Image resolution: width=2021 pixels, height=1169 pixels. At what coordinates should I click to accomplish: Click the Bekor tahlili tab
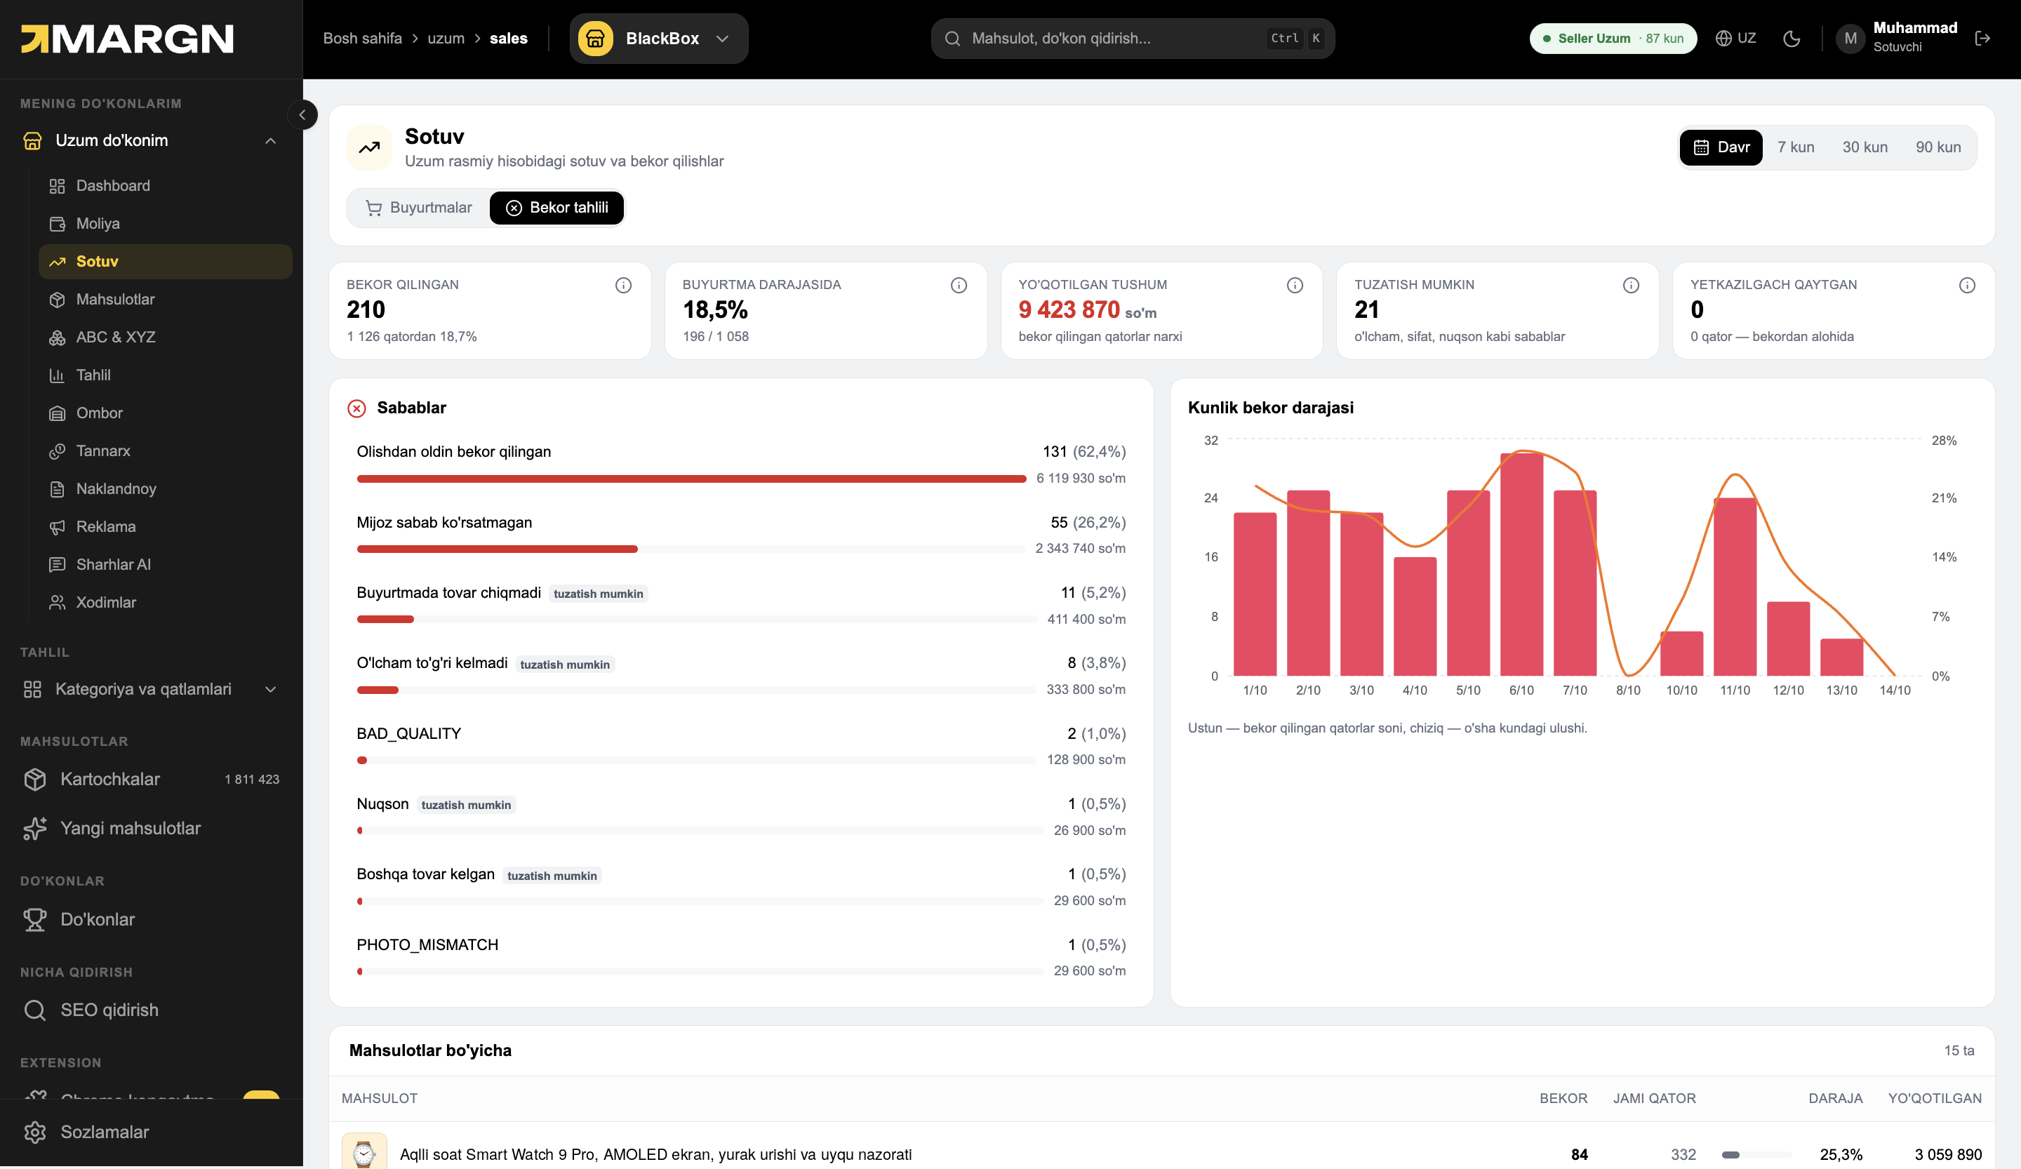coord(556,208)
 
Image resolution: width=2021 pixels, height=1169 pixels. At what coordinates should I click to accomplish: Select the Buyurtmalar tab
coord(419,208)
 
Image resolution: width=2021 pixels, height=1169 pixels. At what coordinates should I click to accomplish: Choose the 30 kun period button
coord(1865,147)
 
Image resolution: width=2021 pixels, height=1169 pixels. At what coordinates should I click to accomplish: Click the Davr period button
coord(1721,147)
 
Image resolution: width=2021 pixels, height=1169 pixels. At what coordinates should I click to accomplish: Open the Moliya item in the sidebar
coord(98,223)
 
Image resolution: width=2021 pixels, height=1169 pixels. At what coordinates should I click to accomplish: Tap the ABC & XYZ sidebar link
coord(116,337)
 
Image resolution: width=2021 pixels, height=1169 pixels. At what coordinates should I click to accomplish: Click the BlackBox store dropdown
coord(659,39)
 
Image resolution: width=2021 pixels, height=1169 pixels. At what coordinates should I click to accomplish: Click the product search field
coord(1133,39)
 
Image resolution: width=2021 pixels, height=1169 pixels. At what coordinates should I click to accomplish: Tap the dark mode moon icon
coord(1792,39)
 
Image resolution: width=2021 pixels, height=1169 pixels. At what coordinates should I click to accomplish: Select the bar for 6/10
coord(1521,564)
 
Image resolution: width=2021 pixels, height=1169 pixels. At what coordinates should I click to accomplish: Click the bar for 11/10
coord(1735,587)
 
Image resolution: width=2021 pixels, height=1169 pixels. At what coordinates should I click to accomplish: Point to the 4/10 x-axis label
coord(1415,690)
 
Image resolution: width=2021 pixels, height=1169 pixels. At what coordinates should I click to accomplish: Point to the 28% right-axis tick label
coord(1944,440)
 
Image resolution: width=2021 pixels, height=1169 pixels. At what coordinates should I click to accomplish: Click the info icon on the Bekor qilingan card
coord(623,286)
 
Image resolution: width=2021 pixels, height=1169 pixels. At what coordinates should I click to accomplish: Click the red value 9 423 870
coord(1068,309)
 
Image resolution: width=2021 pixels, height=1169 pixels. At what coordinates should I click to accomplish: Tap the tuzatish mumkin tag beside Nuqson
coord(466,805)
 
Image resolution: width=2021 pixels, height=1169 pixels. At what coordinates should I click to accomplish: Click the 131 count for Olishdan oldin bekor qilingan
coord(1055,451)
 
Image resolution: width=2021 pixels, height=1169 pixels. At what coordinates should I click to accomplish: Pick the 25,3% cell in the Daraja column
coord(1841,1154)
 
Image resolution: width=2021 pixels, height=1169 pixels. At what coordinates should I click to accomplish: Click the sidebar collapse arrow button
coord(302,114)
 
